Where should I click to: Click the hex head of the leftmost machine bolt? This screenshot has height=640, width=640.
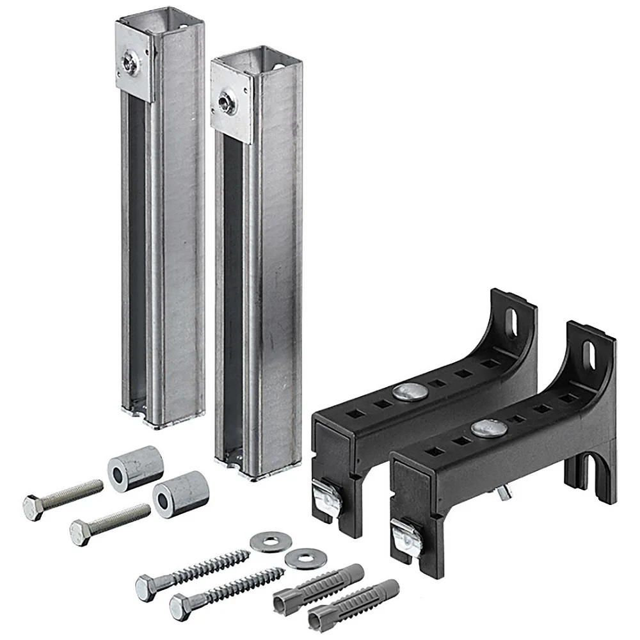(x=33, y=508)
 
